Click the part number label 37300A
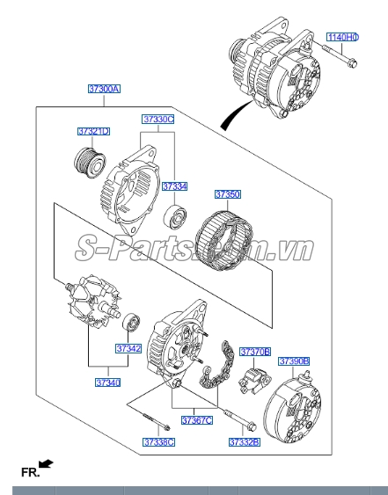[104, 89]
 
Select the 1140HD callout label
[343, 37]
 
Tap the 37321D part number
[94, 131]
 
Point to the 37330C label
[158, 120]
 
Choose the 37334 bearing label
[174, 186]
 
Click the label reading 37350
[228, 194]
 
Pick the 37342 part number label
[128, 348]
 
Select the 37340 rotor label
[108, 382]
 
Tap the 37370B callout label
[255, 352]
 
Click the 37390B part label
[294, 361]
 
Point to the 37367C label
[197, 420]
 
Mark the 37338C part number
[158, 442]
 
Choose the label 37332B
[245, 442]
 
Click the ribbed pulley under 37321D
[90, 163]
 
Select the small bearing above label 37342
[131, 322]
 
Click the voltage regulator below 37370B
[254, 381]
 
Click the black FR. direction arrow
[46, 464]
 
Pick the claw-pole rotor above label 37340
[93, 302]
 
